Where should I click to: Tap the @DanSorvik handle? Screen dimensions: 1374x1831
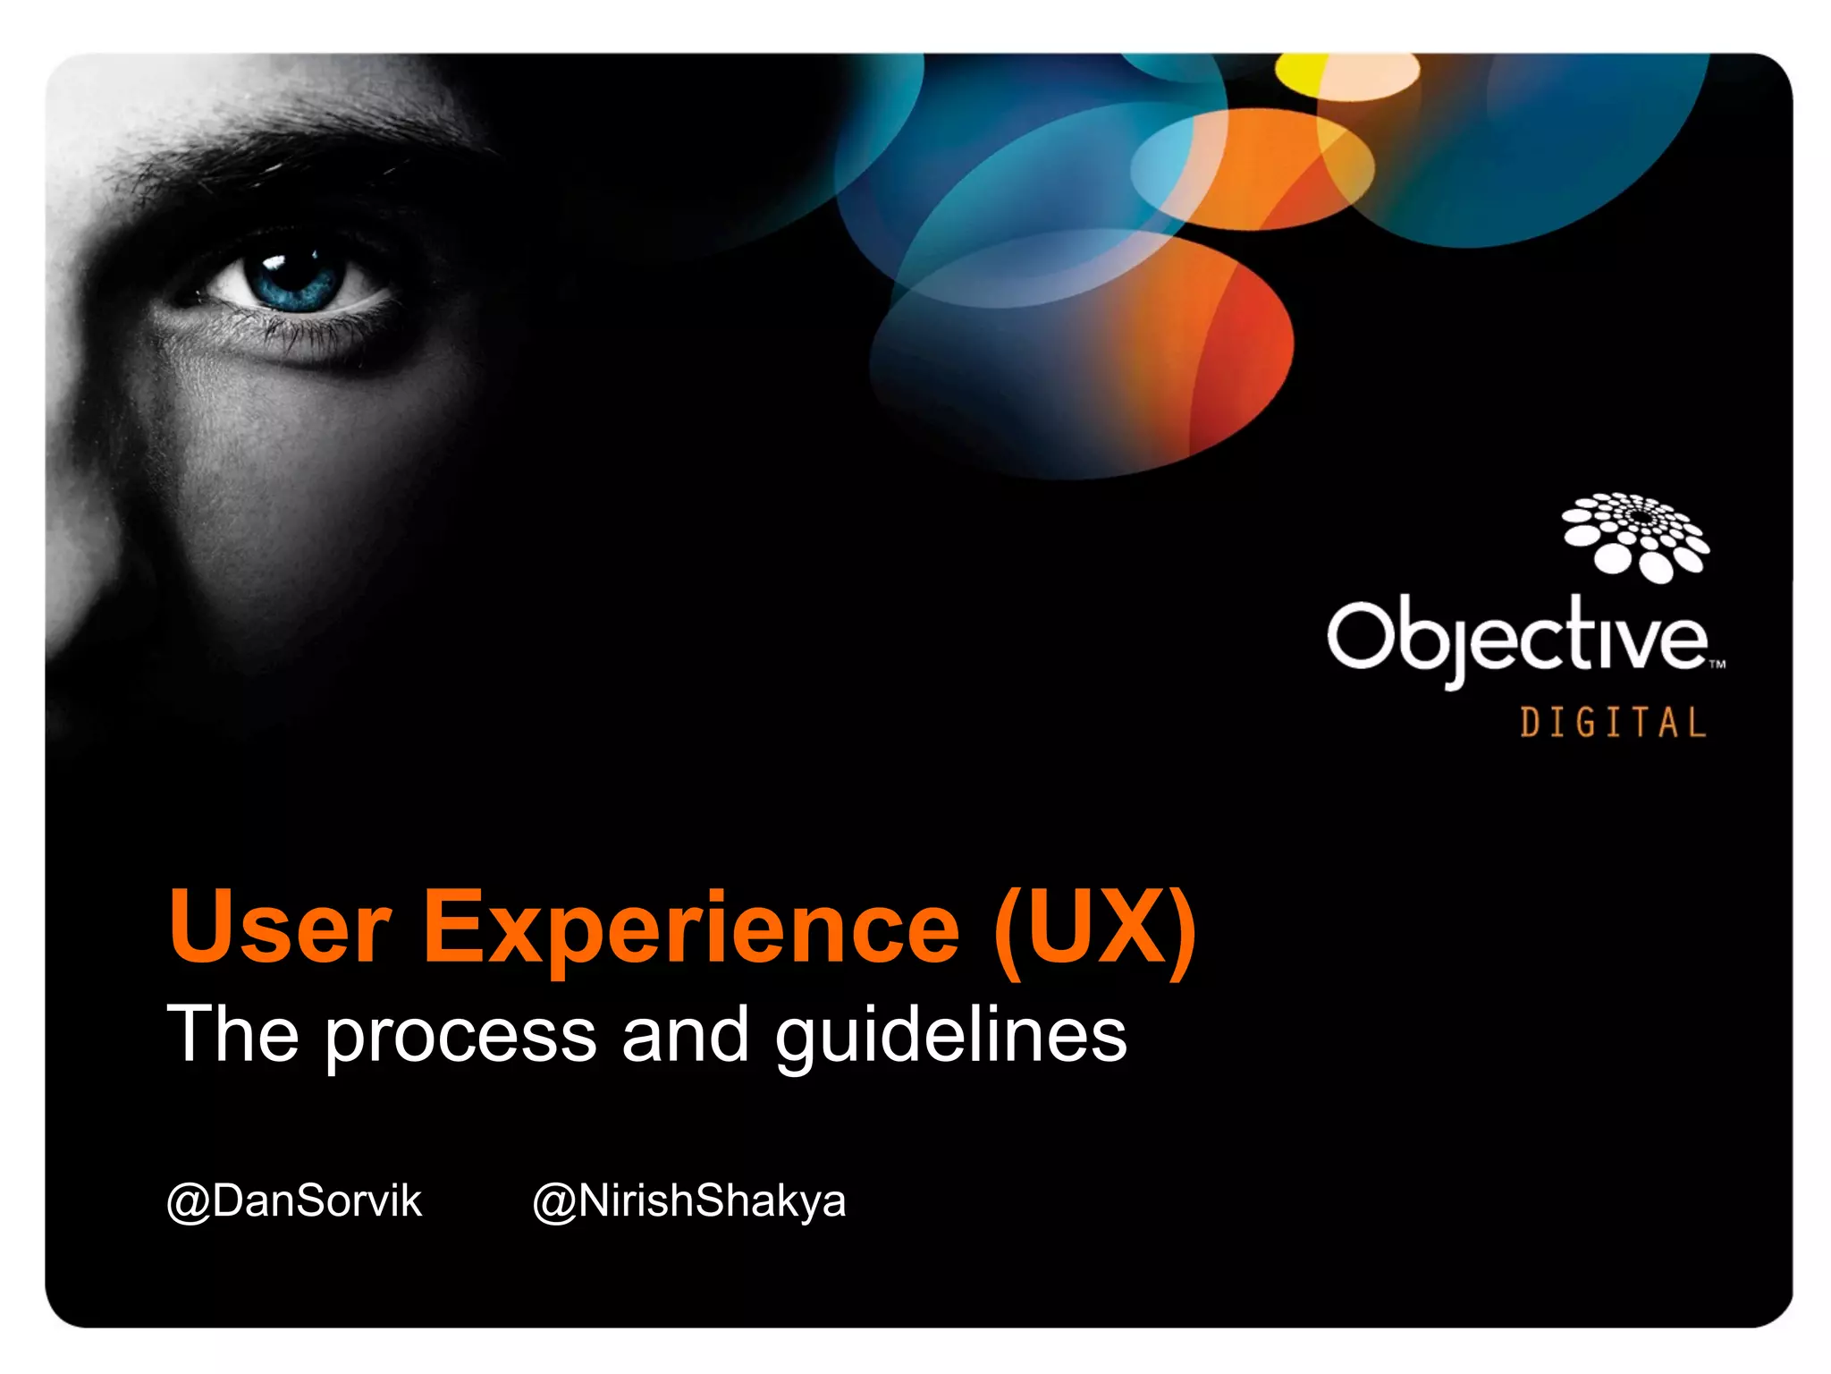(294, 1200)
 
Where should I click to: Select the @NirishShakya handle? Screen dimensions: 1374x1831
(689, 1200)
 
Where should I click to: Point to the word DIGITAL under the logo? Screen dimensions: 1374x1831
(1613, 723)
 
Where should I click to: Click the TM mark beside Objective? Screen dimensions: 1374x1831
(1717, 665)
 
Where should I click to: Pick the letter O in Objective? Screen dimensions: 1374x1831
(1359, 635)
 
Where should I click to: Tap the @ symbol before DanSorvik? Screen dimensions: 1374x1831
(188, 1202)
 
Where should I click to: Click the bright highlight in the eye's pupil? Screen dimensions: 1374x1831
(272, 261)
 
